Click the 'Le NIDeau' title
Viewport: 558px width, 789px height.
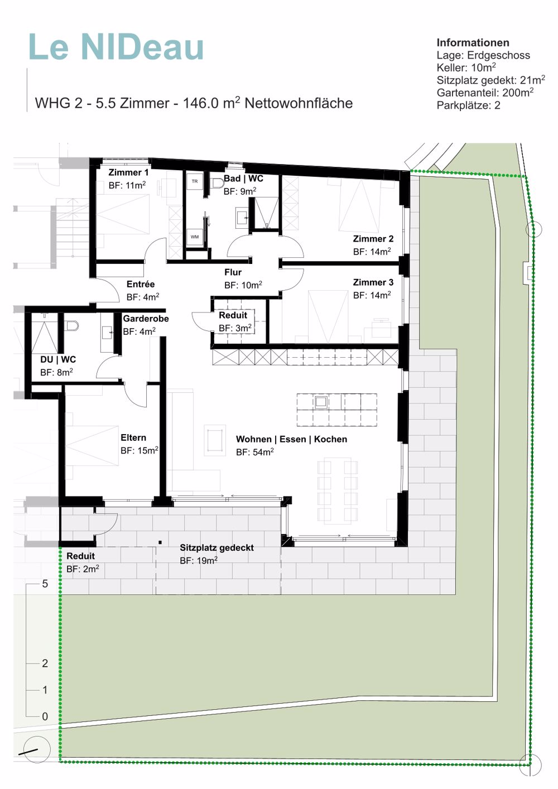[116, 47]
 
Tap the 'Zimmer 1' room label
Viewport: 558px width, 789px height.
[128, 172]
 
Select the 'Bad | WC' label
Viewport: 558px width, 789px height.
[243, 178]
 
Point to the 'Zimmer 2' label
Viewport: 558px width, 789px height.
[373, 239]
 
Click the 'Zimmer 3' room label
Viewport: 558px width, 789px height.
[373, 282]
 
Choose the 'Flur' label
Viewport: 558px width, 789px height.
[233, 272]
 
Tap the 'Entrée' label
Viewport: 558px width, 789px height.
[141, 284]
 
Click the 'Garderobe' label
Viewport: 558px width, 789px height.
[146, 319]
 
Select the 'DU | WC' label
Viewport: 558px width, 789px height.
[58, 359]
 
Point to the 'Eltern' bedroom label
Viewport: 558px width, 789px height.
[133, 437]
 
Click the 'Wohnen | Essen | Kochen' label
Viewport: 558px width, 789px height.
[292, 439]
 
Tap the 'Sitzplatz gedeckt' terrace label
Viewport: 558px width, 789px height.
[217, 548]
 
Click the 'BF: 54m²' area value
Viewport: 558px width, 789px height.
[254, 452]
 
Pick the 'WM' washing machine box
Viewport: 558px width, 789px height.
[195, 237]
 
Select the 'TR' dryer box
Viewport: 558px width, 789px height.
[195, 182]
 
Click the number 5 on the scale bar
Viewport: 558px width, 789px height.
[45, 584]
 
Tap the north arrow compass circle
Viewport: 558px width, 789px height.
[37, 749]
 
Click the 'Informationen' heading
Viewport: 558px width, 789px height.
[473, 42]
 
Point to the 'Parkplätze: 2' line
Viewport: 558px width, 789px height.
[468, 105]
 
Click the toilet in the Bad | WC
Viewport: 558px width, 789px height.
[218, 183]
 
